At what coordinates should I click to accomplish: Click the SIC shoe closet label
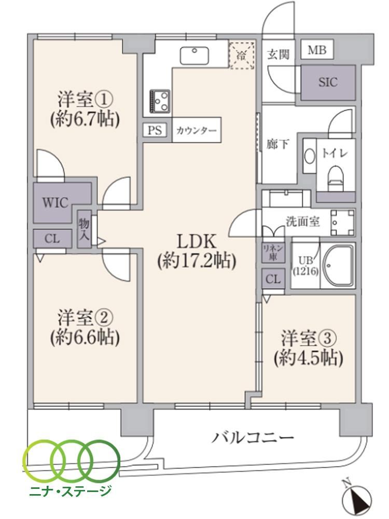328,82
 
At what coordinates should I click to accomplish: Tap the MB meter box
317,50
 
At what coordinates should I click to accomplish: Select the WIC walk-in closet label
55,202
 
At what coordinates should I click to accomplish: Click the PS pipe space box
155,130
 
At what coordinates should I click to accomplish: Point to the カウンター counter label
197,130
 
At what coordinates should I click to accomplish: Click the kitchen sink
195,56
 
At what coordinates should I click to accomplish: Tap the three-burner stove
160,101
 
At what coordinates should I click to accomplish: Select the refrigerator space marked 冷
242,56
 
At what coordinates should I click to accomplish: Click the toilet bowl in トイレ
336,177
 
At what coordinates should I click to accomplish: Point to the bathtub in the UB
338,265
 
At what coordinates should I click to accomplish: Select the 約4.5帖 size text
308,359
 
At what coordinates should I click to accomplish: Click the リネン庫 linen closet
273,253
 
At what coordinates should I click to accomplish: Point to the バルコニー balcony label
253,438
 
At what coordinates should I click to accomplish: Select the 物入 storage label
84,229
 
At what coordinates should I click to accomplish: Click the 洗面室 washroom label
303,222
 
